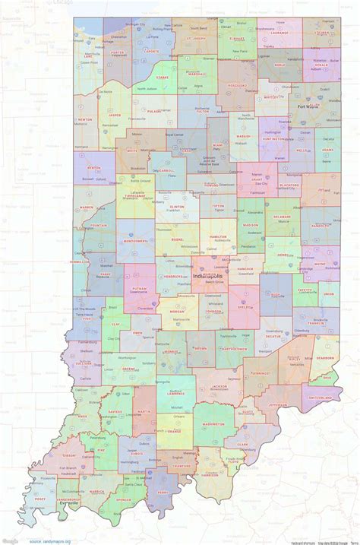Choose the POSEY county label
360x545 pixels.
39,499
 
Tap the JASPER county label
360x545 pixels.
115,116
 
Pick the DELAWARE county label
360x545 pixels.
282,217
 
